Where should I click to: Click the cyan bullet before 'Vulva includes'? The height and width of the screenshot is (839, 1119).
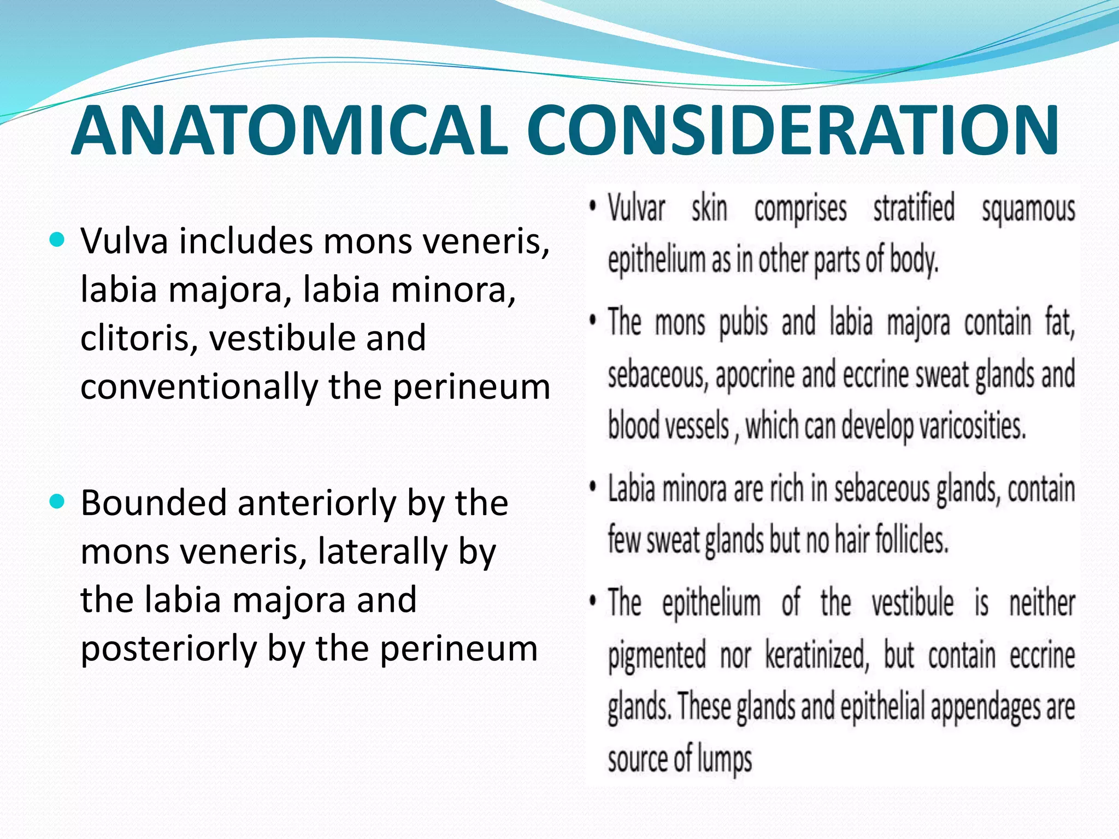tap(57, 239)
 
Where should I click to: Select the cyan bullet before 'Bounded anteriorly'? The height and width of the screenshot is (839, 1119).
tap(57, 501)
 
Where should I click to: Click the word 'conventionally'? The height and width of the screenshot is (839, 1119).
tap(199, 387)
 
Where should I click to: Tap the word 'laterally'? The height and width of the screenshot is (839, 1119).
tap(382, 551)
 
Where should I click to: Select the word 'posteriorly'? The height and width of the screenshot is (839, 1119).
tap(168, 648)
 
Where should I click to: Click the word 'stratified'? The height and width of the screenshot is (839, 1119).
tap(914, 208)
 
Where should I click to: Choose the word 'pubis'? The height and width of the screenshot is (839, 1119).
tap(743, 323)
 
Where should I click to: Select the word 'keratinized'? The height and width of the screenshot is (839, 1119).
tap(816, 655)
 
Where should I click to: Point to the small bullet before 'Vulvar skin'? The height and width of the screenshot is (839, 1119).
tap(592, 208)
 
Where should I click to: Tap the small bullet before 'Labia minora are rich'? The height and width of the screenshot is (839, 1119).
tap(592, 488)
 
